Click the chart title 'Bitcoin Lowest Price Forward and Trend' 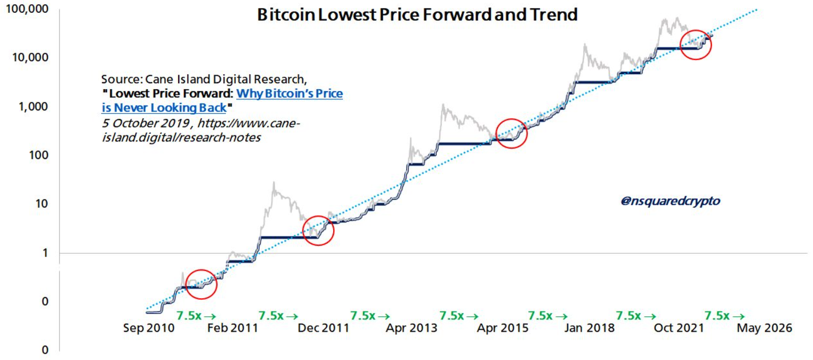tap(417, 14)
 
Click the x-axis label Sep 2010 tap(149, 328)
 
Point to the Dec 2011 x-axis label tap(323, 328)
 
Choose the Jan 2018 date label tap(589, 328)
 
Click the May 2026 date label tap(764, 328)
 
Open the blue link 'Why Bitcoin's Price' tap(289, 94)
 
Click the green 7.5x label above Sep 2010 tap(196, 316)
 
